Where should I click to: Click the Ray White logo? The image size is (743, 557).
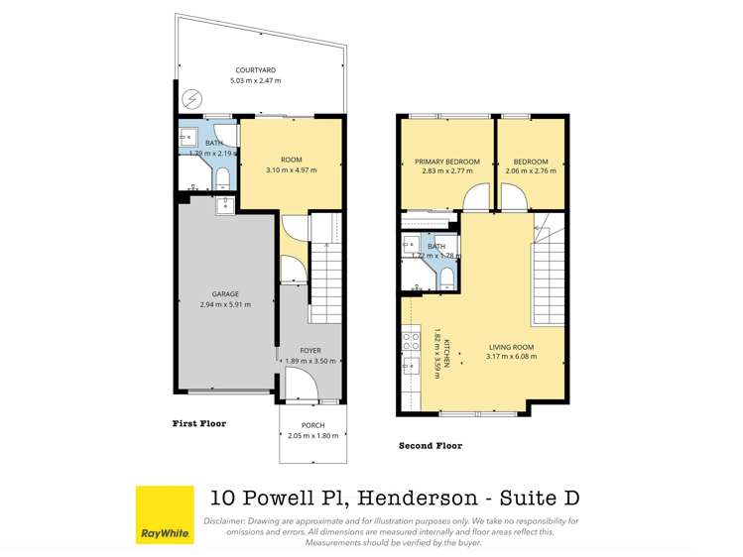click(165, 514)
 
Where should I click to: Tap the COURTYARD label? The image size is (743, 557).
click(255, 69)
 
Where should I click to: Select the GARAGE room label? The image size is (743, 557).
click(226, 294)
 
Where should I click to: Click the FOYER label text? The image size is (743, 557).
click(311, 351)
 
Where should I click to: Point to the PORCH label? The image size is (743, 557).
click(312, 425)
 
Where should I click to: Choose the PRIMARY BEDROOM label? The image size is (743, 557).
click(446, 162)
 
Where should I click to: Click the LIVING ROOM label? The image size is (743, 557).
click(511, 347)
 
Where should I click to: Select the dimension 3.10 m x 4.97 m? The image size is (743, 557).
click(291, 170)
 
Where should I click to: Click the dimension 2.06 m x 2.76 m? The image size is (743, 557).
click(531, 170)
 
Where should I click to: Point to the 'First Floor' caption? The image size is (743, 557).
click(199, 423)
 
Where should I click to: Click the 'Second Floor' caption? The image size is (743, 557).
click(430, 446)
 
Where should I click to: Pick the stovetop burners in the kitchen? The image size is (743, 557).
click(409, 343)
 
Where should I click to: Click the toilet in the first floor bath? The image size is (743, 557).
click(223, 176)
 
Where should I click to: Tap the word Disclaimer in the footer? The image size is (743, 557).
click(227, 520)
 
